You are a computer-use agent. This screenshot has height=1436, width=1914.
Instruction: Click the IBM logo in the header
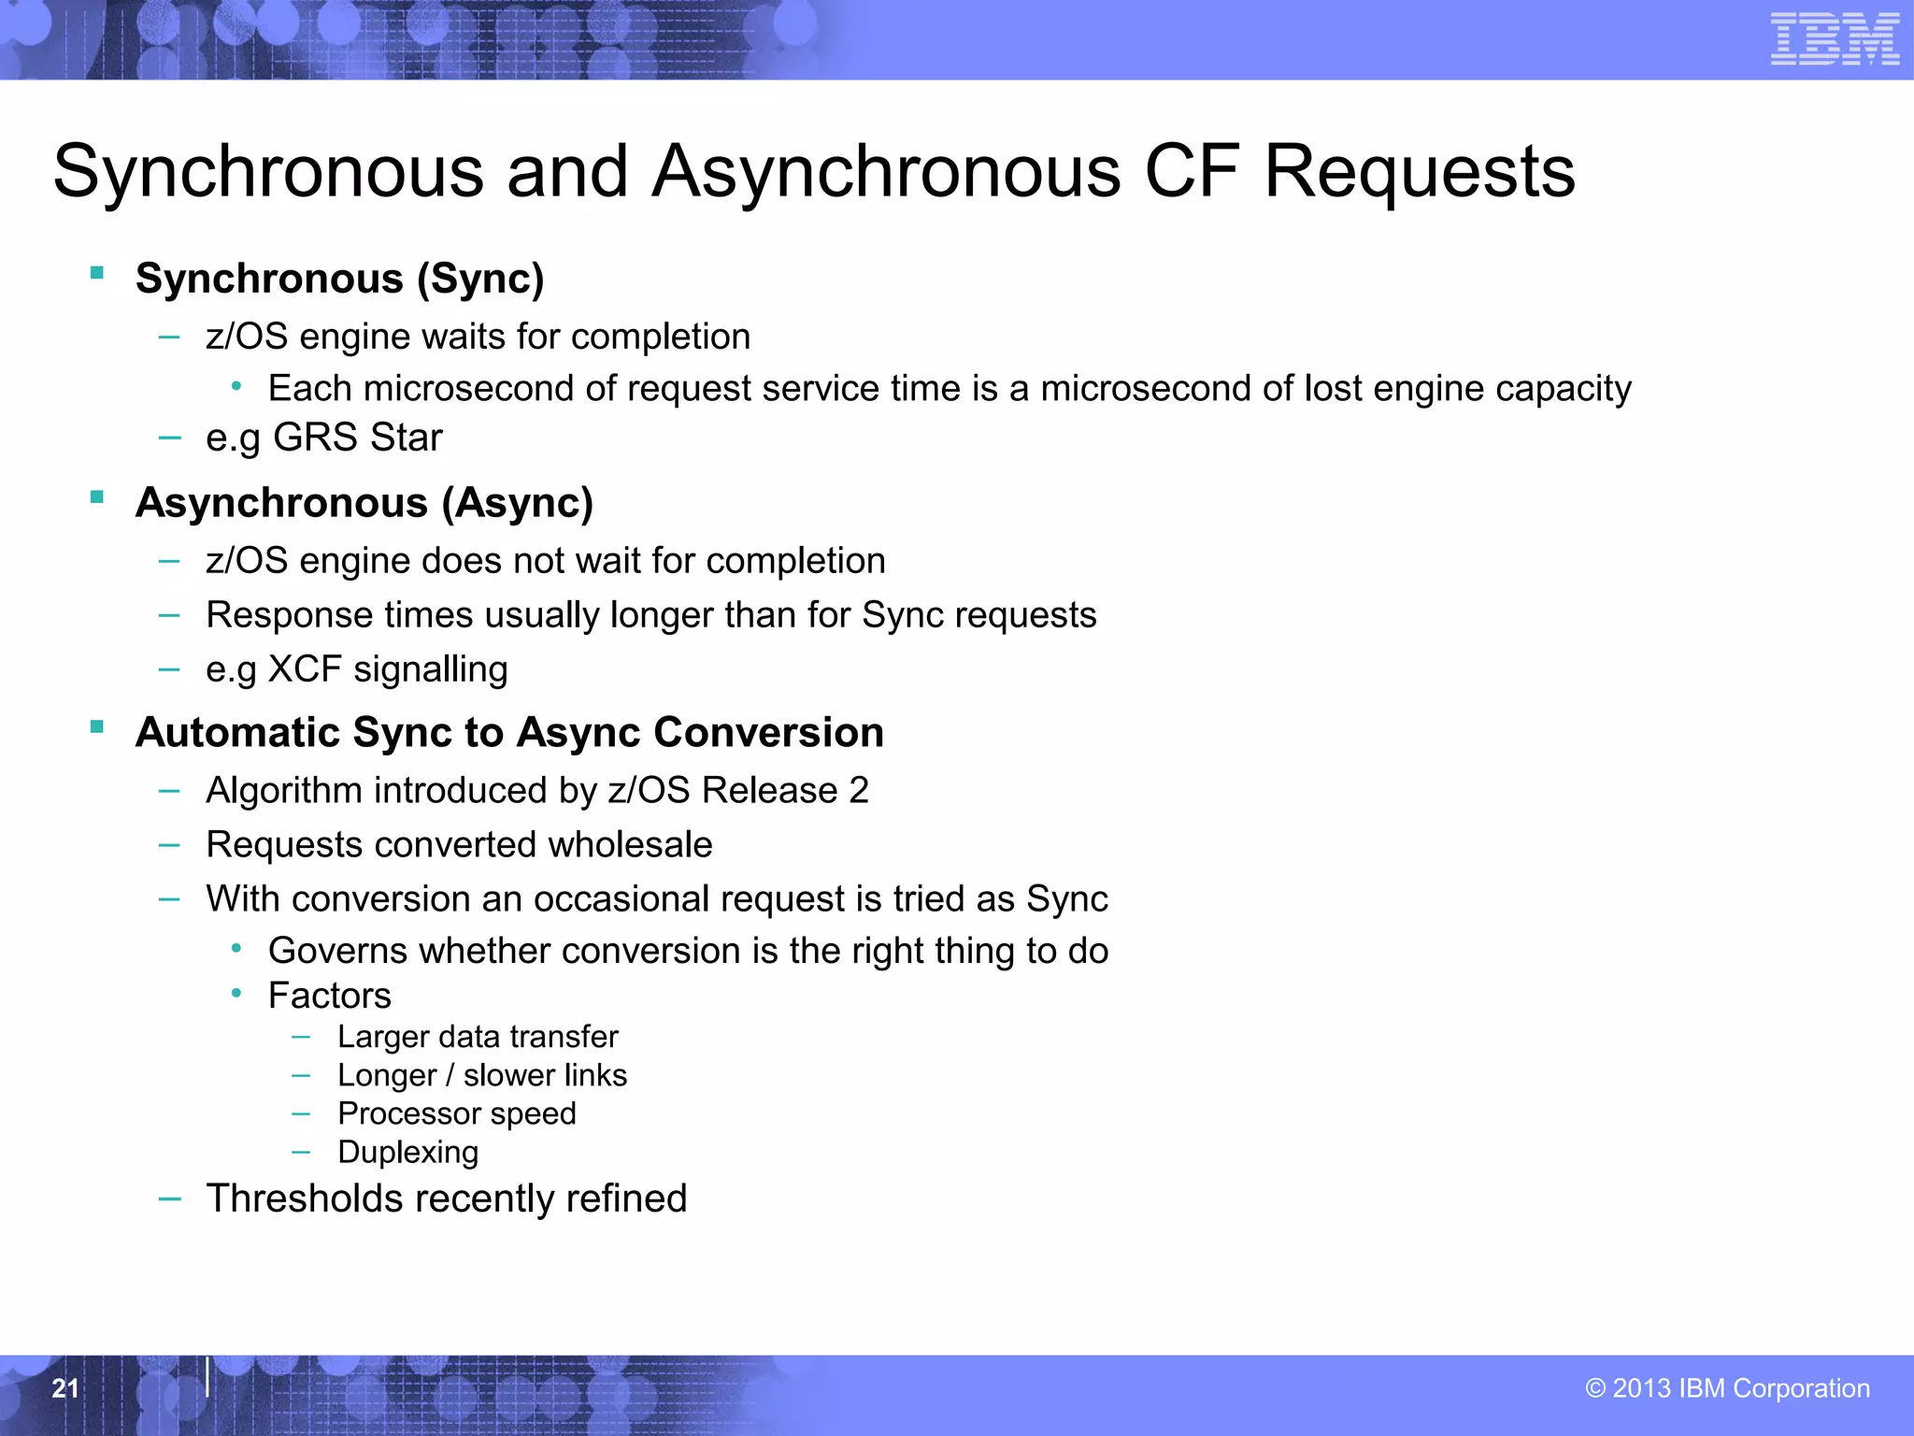1835,39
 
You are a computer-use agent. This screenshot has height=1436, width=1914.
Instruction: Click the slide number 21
64,1388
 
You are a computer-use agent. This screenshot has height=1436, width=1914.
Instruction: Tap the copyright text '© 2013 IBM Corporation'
1727,1388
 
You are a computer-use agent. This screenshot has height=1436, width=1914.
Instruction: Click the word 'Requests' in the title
1419,172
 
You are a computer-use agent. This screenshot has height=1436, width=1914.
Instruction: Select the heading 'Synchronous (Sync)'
339,279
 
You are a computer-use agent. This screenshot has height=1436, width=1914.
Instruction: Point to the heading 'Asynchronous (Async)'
364,503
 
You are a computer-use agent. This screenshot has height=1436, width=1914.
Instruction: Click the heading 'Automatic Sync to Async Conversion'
509,732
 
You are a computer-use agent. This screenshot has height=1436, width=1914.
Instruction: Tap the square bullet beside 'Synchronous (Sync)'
96,273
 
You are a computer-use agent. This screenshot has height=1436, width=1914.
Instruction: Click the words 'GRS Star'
357,438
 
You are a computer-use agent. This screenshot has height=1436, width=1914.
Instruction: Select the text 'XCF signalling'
388,669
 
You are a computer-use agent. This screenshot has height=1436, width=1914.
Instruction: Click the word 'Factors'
329,996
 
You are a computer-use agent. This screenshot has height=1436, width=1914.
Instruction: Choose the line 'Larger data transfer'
478,1037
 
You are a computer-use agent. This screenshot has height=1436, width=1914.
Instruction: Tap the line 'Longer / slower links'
482,1075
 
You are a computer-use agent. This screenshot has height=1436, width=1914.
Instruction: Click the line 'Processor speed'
457,1113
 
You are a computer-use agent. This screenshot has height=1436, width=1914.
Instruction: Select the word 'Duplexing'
408,1152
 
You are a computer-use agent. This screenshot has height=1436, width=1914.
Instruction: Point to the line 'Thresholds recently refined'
447,1199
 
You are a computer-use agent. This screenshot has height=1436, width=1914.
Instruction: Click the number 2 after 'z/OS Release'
859,791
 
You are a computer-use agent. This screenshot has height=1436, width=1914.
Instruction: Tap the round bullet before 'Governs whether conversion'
237,949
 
